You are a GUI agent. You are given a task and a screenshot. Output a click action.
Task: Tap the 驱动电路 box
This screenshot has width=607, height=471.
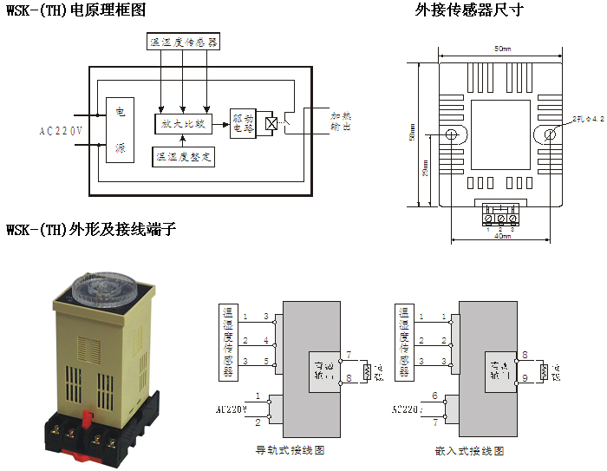click(243, 123)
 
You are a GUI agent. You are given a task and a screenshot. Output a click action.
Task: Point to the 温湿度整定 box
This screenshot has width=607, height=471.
click(183, 157)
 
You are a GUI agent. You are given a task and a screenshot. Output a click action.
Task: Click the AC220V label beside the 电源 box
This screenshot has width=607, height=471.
click(62, 132)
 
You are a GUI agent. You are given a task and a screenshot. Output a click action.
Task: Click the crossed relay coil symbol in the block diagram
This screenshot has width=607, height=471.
click(271, 124)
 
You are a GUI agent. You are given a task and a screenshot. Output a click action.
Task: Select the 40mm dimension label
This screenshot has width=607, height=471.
click(501, 236)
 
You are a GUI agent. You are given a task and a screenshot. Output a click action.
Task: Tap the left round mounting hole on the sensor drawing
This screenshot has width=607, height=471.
click(452, 134)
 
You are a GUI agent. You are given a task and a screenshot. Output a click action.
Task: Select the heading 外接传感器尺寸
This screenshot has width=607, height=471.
click(469, 10)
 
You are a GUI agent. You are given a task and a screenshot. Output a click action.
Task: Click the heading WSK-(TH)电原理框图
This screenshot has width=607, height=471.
click(76, 10)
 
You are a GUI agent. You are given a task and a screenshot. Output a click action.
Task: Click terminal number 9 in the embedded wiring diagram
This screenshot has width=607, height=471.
click(525, 377)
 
